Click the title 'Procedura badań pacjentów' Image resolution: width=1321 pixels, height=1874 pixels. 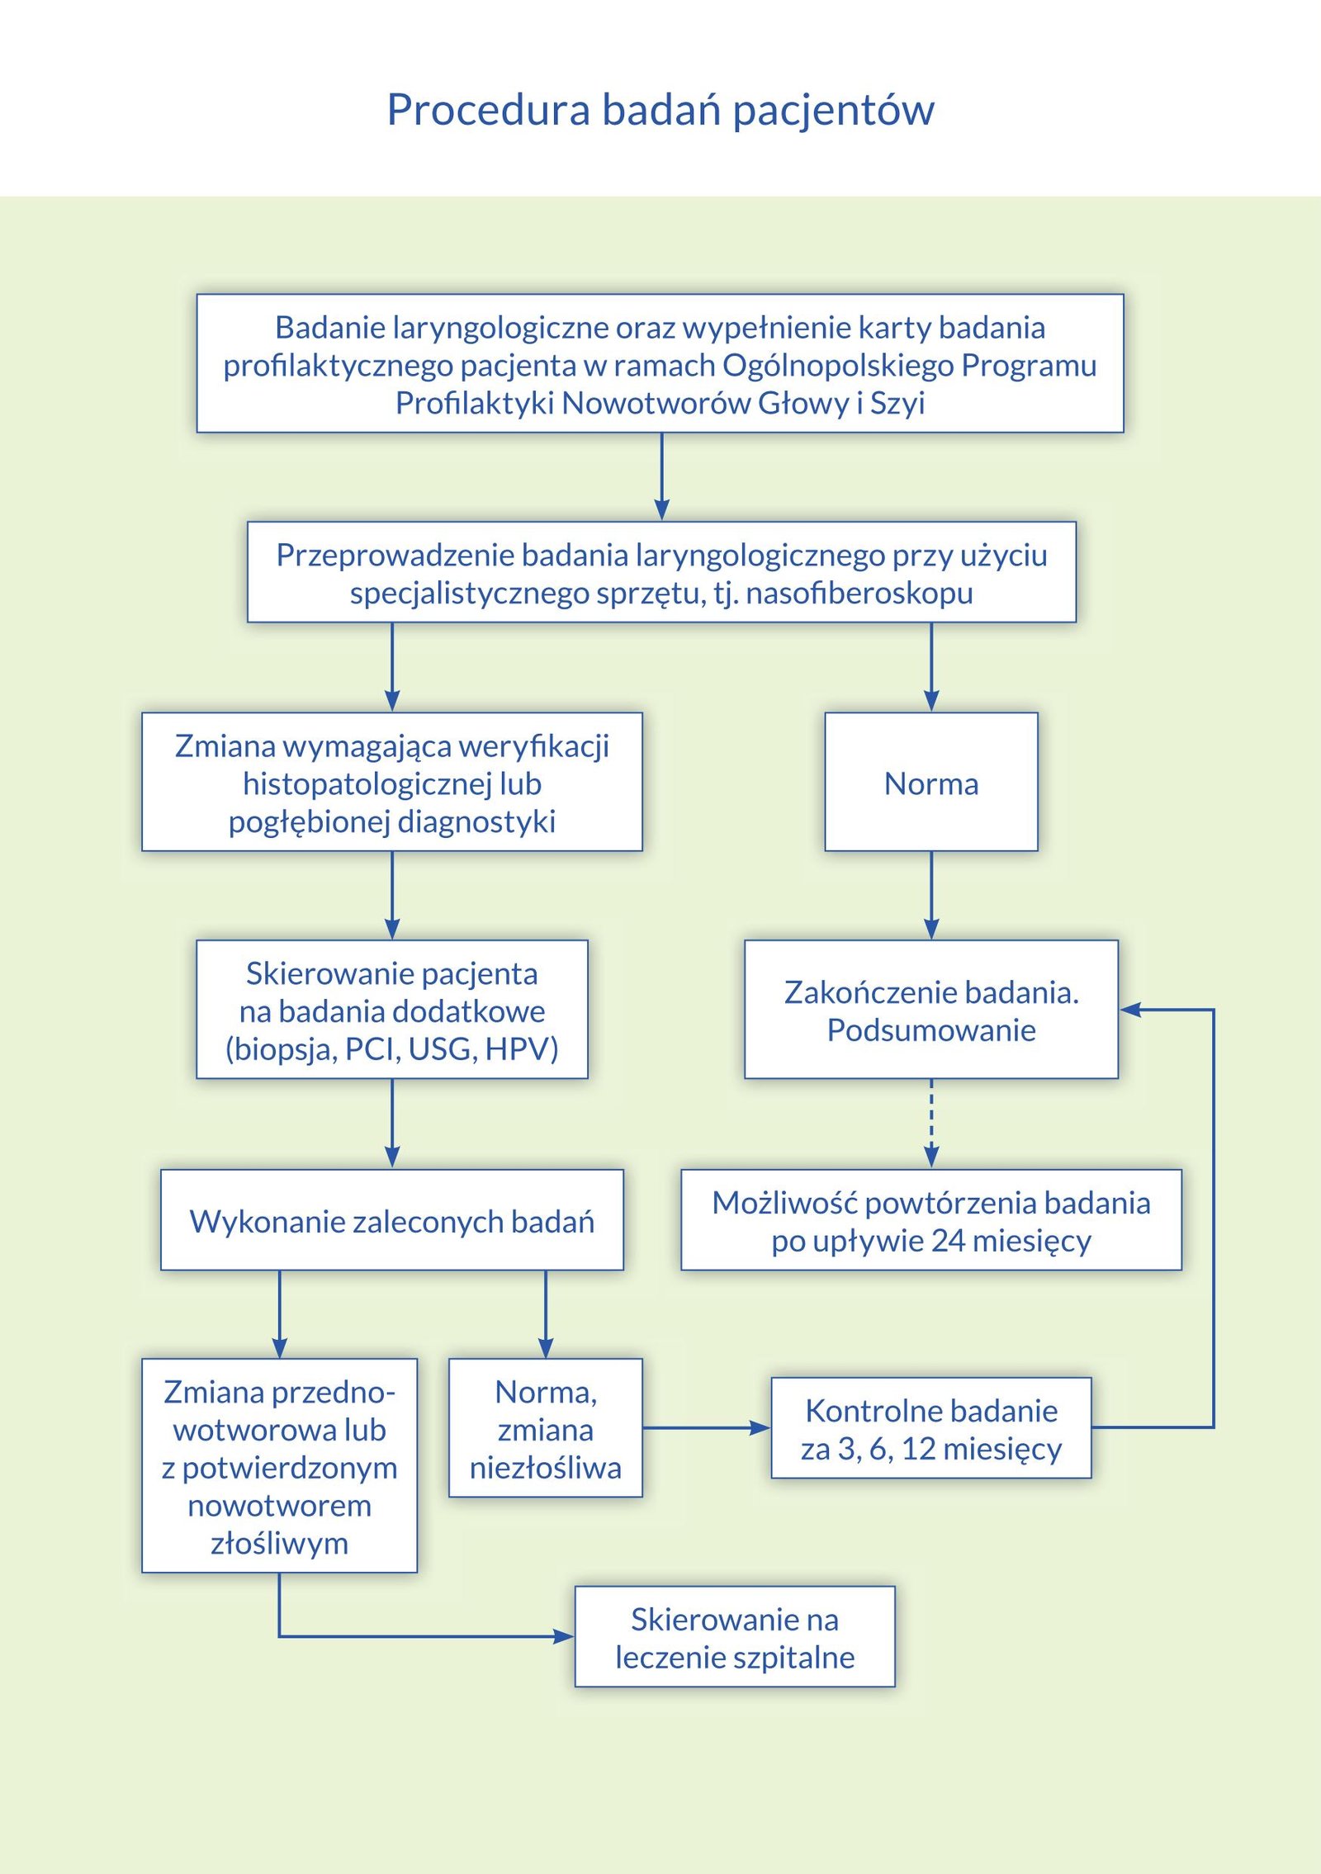coord(660,110)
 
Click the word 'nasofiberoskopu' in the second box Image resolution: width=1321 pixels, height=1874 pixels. coord(859,593)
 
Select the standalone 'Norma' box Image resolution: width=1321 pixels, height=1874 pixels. coord(931,782)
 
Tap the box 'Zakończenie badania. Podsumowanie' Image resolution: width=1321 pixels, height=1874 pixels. coord(931,1009)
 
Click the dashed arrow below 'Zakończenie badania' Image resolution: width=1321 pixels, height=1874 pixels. coord(931,1124)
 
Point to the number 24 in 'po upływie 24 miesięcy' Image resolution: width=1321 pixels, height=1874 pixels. coord(947,1240)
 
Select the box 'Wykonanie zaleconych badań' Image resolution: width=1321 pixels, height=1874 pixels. coord(392,1219)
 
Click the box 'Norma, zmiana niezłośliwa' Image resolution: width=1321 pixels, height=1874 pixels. coord(546,1427)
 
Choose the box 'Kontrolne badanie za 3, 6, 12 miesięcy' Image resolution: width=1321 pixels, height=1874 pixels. coord(931,1427)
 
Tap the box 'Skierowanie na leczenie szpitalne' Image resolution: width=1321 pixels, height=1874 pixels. coord(735,1636)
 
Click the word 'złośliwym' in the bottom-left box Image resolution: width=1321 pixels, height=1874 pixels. coord(279,1543)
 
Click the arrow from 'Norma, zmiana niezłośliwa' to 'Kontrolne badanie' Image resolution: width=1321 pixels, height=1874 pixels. coord(707,1427)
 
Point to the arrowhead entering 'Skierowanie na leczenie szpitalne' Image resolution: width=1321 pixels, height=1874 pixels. coord(565,1635)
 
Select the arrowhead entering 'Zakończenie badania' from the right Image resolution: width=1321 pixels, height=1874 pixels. coord(1130,1009)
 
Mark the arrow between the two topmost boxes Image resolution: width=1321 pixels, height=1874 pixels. coord(661,476)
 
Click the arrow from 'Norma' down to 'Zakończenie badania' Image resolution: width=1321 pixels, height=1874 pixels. coord(931,896)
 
